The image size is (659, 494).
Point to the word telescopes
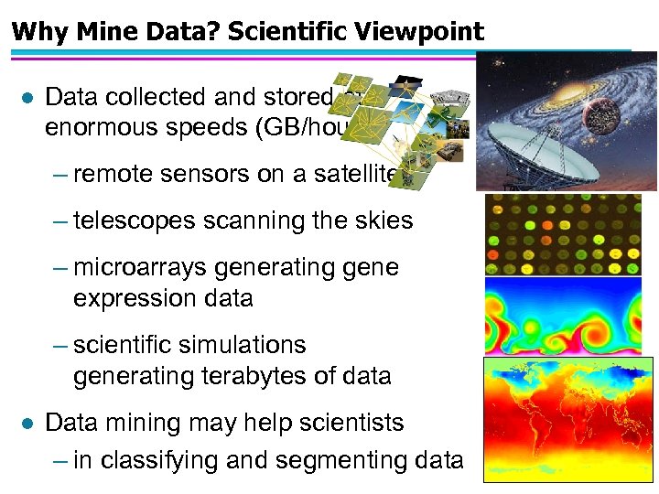pyautogui.click(x=135, y=220)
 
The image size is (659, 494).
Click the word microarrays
pyautogui.click(x=141, y=267)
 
